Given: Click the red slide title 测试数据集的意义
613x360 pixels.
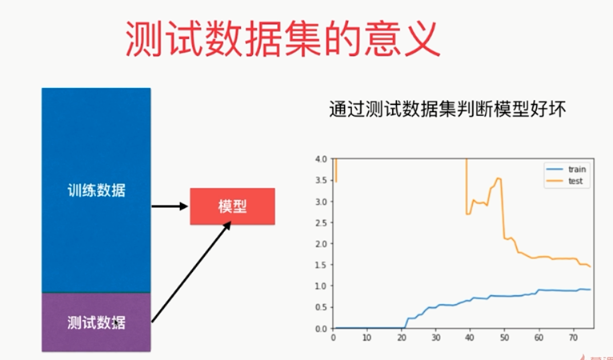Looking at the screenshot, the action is point(283,39).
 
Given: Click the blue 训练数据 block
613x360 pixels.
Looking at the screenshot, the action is point(96,190).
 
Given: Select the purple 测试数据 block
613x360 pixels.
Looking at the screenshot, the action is point(96,322).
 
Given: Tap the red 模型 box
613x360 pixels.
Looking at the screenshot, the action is point(233,206).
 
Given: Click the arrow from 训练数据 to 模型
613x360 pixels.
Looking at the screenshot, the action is point(170,206).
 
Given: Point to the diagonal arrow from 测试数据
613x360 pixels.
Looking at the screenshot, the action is point(191,272).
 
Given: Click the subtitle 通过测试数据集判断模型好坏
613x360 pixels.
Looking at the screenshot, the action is point(447,110).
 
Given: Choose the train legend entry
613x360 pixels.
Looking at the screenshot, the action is point(566,170).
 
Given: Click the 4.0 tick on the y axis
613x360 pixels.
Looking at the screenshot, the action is point(321,159).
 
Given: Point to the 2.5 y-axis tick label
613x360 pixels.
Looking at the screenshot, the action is point(321,222).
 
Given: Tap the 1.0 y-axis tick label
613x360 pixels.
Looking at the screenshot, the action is point(321,286).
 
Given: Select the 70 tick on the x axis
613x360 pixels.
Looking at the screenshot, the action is point(573,338).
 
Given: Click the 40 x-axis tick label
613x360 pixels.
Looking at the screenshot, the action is point(470,338).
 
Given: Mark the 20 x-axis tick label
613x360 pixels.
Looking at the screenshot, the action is point(402,338).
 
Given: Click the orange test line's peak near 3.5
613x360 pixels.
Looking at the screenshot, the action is point(498,178).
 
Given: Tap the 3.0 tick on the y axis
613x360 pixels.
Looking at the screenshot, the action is point(321,202).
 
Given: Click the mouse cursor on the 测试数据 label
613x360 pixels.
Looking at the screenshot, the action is point(116,323).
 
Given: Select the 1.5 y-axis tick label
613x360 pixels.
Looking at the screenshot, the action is point(321,265).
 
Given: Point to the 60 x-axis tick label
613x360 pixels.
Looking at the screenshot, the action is point(539,338).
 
